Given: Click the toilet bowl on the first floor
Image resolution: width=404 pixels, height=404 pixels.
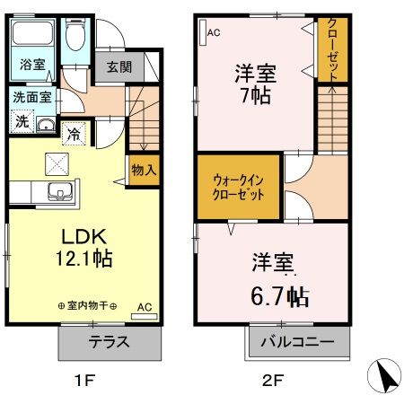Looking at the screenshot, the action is [x=75, y=35].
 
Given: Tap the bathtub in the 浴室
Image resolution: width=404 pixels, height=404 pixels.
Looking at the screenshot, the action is [x=32, y=33].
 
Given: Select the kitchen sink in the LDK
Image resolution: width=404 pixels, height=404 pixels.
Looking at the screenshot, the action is [x=60, y=191].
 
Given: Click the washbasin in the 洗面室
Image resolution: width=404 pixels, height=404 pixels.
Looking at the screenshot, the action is [x=46, y=125].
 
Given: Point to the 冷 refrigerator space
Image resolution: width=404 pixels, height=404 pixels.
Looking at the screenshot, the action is [x=74, y=134].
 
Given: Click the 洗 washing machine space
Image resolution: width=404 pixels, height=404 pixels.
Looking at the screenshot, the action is [x=22, y=121].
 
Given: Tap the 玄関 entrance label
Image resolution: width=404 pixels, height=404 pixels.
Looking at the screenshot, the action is [x=119, y=66].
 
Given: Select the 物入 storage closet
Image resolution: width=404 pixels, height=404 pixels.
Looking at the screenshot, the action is [x=144, y=170].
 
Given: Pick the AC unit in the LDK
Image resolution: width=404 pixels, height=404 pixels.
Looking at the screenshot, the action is [x=145, y=316].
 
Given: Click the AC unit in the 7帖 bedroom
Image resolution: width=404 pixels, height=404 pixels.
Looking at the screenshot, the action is [x=203, y=32].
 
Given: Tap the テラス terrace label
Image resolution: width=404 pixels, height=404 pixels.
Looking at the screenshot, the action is [x=109, y=342].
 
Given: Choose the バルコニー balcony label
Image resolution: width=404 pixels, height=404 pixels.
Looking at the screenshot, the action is [x=297, y=341].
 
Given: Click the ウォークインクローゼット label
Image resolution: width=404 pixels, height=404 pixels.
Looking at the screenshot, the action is [x=238, y=188].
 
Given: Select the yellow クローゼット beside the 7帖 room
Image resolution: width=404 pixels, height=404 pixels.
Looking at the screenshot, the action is [x=332, y=49].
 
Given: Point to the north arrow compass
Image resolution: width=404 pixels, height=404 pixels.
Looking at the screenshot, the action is [x=384, y=376].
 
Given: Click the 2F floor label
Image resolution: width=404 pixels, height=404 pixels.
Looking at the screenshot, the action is [x=272, y=381].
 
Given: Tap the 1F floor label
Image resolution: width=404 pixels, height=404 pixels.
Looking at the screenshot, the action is [x=84, y=381].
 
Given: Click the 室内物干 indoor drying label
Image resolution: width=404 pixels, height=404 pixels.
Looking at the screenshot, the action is [x=87, y=306].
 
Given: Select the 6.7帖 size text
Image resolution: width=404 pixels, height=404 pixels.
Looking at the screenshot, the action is [x=280, y=296].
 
